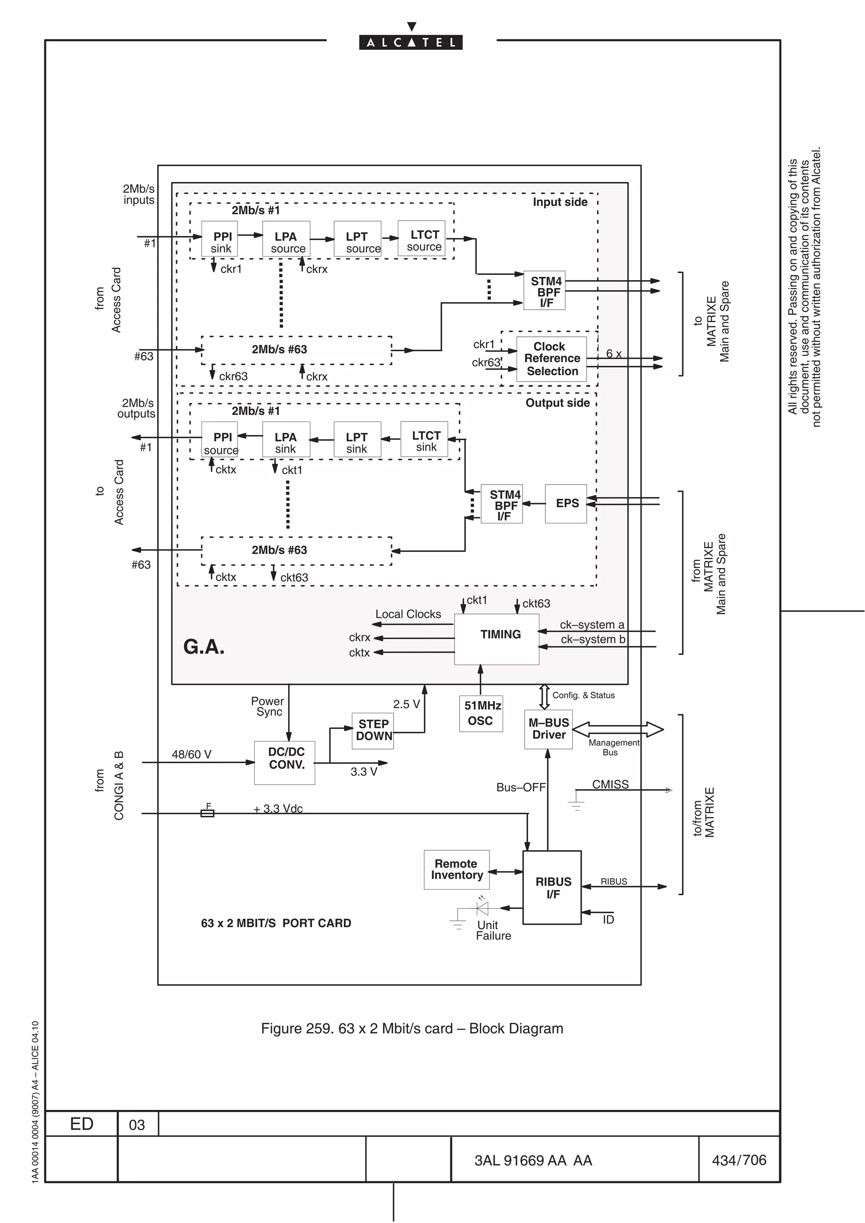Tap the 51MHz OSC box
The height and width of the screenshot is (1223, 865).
(x=481, y=713)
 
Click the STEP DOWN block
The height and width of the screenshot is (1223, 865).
(x=373, y=730)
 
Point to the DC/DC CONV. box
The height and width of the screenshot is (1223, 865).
(x=285, y=762)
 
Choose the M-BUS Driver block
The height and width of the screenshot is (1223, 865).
(x=548, y=729)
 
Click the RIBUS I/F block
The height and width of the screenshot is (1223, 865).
(x=552, y=887)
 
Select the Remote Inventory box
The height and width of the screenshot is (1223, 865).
(x=456, y=869)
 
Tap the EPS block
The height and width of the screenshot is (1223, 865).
(x=566, y=503)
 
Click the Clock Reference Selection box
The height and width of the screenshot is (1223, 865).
(x=551, y=358)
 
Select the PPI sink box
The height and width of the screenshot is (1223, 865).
(x=220, y=242)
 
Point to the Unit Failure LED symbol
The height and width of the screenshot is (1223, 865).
(x=482, y=908)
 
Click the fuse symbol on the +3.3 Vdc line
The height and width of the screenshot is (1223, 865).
(x=207, y=813)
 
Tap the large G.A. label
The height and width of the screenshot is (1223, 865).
(x=204, y=647)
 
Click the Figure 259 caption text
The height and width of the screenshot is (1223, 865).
(x=411, y=1028)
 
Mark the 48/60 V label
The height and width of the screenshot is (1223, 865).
(x=191, y=754)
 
